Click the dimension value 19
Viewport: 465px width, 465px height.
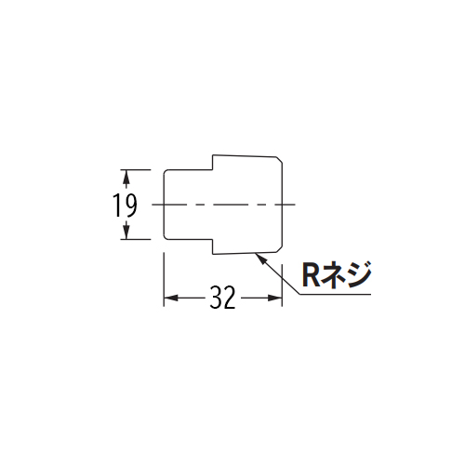coord(125,205)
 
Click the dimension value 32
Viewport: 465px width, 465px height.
coord(222,298)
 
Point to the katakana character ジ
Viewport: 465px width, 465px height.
coord(358,275)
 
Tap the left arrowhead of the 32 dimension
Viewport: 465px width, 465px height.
coord(171,299)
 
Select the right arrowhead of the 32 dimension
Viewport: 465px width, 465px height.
coord(274,299)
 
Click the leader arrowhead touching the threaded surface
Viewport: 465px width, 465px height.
coord(259,259)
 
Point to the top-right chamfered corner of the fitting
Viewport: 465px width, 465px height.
coord(279,160)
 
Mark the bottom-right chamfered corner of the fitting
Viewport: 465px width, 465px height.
coord(279,249)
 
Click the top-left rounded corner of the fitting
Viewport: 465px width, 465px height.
coord(166,172)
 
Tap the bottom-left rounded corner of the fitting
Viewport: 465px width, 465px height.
coord(166,237)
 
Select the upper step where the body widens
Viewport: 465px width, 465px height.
coord(213,162)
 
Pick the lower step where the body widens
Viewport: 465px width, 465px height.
coord(213,246)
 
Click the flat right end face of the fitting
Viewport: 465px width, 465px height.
coord(282,205)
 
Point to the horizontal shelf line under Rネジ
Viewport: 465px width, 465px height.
coord(335,294)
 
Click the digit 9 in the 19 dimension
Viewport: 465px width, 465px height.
coord(129,205)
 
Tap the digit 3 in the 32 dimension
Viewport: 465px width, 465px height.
coord(216,298)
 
